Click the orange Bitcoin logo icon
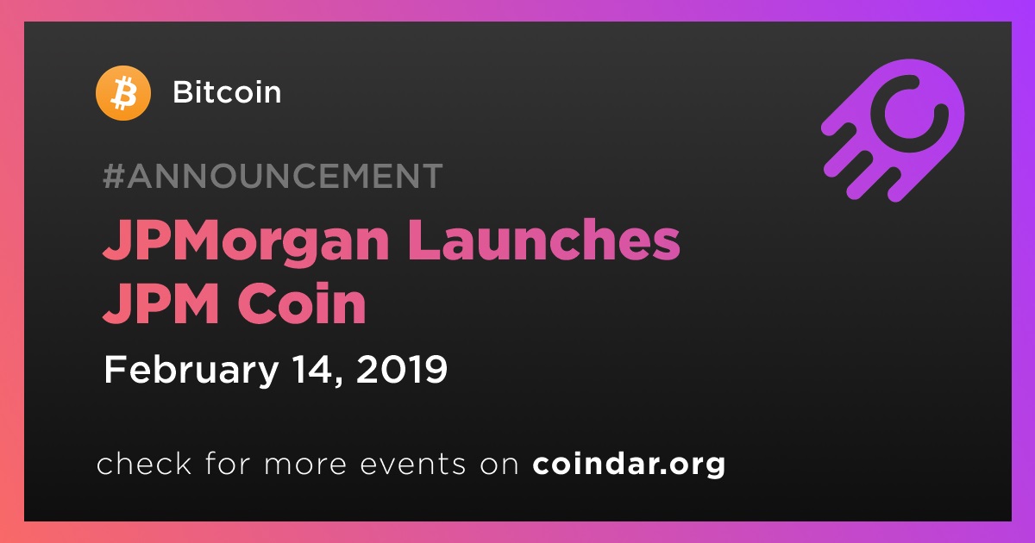[x=122, y=93]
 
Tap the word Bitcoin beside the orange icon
[x=227, y=92]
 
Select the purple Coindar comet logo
[x=894, y=131]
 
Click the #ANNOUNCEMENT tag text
[x=273, y=176]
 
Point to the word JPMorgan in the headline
[x=246, y=242]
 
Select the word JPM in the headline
[x=160, y=303]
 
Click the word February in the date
[x=191, y=370]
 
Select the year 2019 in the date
[x=402, y=370]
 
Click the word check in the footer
[x=144, y=463]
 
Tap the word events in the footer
[x=412, y=465]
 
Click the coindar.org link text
[x=629, y=465]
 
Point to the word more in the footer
[x=305, y=465]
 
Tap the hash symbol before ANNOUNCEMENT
[x=113, y=176]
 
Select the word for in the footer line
[x=228, y=463]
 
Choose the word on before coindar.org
[x=499, y=465]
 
